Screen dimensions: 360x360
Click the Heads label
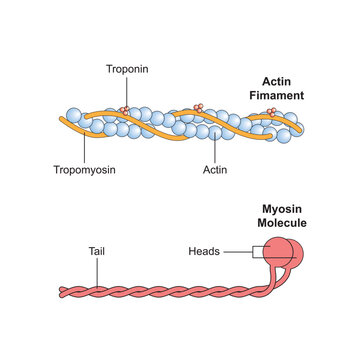(x=205, y=252)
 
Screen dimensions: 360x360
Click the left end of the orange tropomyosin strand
(x=62, y=121)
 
